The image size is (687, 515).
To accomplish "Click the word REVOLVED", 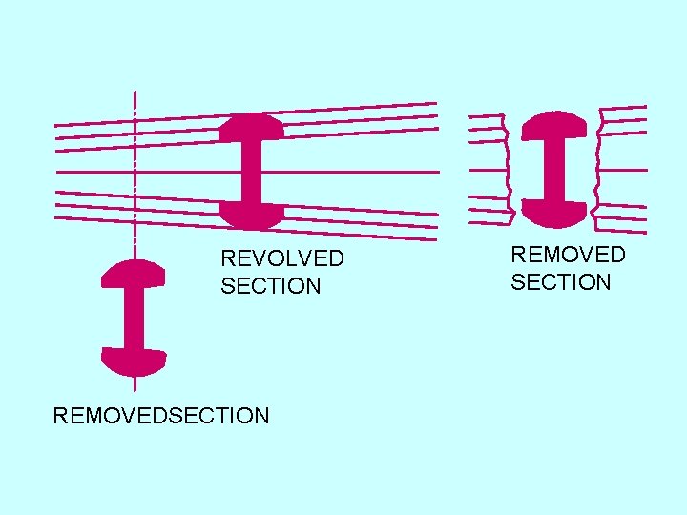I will point(282,258).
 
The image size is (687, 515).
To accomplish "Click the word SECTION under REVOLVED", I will point(271,286).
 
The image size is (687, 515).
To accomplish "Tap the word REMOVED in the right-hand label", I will point(569,255).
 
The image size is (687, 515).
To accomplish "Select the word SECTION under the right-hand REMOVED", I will point(561,282).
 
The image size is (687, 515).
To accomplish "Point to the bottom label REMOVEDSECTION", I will point(161,415).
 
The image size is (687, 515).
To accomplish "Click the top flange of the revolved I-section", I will point(251,128).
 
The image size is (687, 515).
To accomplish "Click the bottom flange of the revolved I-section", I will point(251,214).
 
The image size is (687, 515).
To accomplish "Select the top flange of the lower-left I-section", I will point(134,275).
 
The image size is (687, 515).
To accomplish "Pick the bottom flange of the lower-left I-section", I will point(134,360).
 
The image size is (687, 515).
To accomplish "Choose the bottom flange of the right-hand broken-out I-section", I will point(555,212).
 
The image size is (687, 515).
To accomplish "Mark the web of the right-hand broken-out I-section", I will point(555,168).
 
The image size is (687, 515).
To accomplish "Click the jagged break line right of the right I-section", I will point(597,167).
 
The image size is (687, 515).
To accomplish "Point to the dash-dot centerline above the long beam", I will point(135,105).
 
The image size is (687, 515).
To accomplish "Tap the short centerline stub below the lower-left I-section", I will point(135,383).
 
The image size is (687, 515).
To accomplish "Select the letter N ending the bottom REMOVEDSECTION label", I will point(261,415).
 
